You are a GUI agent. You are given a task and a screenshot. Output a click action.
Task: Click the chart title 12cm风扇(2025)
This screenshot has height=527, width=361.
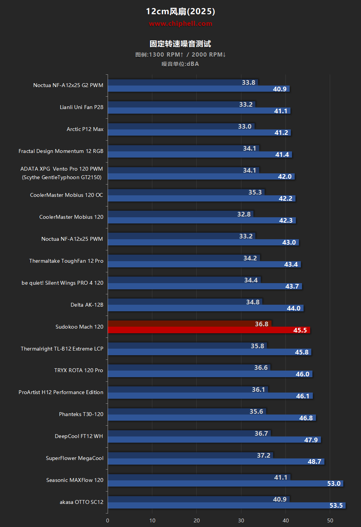180,11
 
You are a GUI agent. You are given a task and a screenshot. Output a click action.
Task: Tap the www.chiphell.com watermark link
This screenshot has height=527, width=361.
180,23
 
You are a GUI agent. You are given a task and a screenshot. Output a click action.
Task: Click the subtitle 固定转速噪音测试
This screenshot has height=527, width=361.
180,44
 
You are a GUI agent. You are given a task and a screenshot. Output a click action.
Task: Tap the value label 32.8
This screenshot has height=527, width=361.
244,214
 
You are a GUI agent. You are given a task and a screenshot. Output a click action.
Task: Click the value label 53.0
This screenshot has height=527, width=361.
334,483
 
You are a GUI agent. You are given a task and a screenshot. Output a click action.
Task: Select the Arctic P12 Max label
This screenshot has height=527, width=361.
85,129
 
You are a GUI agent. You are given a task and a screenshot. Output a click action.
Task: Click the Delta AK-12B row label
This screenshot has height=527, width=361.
87,305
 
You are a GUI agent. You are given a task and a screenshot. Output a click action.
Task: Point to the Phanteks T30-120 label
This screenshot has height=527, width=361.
81,414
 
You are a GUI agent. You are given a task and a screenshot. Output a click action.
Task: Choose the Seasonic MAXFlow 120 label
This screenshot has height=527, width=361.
75,480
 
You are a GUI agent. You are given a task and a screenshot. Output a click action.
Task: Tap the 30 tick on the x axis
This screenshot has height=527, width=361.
241,520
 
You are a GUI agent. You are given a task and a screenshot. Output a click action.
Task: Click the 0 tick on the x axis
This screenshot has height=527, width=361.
108,520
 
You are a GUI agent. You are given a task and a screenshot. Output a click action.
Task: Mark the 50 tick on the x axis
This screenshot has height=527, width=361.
330,520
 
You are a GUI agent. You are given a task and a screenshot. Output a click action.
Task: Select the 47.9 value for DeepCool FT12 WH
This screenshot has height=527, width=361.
311,440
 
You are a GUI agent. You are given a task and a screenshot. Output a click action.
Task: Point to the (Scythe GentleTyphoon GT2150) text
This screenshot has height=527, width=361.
62,177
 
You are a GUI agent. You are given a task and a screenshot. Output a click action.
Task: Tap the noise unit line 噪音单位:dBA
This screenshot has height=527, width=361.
180,64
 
